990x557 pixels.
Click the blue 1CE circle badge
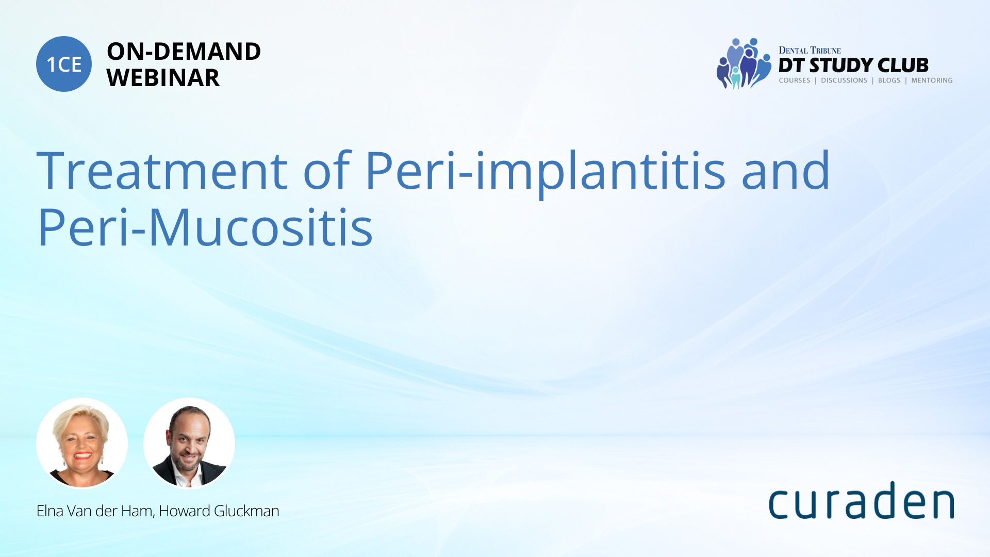pos(64,64)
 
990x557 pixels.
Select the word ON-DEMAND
pos(184,52)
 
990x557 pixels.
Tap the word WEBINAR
pos(163,78)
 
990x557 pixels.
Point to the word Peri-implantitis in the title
pos(546,173)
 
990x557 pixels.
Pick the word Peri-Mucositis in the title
pos(205,227)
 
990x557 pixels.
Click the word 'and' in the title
pos(786,170)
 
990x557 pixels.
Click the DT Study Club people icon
pos(744,63)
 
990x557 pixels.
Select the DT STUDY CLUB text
pos(853,65)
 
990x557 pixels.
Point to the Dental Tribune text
pos(810,50)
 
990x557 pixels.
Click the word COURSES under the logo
pos(795,80)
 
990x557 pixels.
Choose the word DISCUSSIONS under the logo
pos(844,80)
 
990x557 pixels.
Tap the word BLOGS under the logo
pos(889,80)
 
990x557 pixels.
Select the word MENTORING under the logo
pos(932,80)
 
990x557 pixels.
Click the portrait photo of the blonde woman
pos(82,443)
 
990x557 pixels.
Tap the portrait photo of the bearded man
pos(189,443)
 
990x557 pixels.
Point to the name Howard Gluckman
pos(219,511)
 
